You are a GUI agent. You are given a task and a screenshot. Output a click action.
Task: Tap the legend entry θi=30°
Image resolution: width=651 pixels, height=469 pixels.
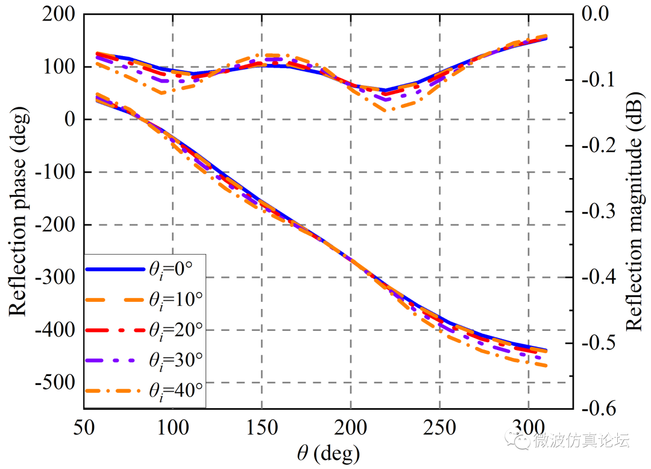pyautogui.click(x=144, y=360)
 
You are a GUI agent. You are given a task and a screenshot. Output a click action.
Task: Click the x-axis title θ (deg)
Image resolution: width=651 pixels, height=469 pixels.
pyautogui.click(x=329, y=451)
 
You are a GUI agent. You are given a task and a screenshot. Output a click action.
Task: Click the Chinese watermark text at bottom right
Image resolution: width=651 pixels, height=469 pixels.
pyautogui.click(x=582, y=441)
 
